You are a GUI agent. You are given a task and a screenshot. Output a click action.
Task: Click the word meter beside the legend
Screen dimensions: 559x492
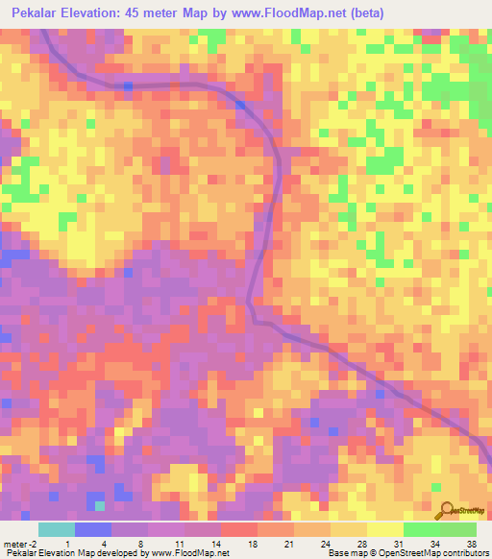(13, 544)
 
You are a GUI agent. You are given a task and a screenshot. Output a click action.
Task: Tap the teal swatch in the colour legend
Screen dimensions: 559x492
(57, 529)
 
